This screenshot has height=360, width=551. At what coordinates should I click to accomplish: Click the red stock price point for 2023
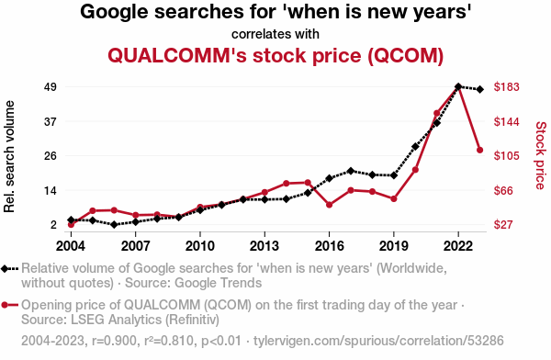click(479, 150)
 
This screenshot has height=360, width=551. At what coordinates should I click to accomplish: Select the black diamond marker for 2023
click(479, 89)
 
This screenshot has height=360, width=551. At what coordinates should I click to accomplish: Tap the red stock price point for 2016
click(330, 205)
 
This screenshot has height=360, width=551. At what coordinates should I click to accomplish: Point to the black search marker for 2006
click(114, 224)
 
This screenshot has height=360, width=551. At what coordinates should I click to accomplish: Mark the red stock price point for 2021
click(437, 113)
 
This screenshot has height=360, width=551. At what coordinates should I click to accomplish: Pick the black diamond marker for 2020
click(415, 146)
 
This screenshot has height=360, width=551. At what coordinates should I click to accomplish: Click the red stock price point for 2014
click(286, 183)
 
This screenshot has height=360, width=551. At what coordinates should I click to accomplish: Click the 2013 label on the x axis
click(264, 246)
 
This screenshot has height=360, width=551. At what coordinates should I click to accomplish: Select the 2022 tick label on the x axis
click(458, 246)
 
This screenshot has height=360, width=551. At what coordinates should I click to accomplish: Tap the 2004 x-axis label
click(71, 246)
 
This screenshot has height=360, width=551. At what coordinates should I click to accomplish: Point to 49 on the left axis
click(51, 86)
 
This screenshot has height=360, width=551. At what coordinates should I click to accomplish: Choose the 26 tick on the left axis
click(51, 155)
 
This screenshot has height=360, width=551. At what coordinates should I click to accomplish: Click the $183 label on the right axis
click(506, 86)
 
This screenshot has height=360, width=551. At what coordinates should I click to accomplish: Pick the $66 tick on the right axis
click(503, 190)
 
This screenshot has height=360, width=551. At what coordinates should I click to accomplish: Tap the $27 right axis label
click(503, 224)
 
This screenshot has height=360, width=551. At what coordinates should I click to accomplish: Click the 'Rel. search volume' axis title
click(9, 156)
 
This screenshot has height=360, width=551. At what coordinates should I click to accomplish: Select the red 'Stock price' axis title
click(541, 155)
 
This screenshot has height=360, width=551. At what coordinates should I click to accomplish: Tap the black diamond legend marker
click(5, 269)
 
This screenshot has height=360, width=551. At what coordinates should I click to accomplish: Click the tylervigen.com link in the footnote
click(378, 341)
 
